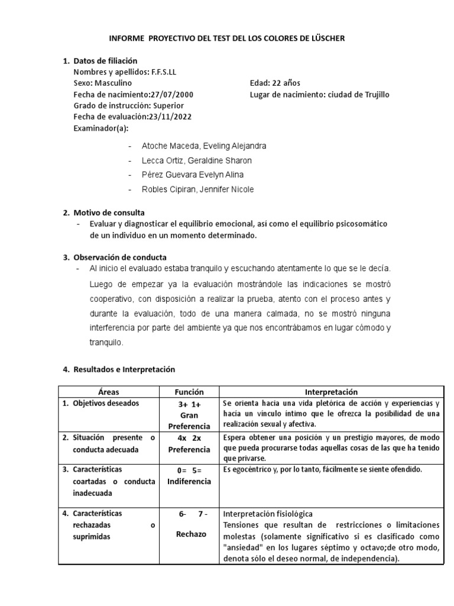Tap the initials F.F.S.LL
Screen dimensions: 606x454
(159, 72)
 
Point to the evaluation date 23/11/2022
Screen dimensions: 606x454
(170, 117)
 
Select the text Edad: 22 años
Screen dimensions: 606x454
(275, 83)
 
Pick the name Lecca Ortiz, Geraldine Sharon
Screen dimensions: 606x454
(197, 160)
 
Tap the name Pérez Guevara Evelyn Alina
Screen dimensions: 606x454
(192, 175)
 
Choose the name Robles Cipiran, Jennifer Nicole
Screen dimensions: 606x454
(198, 189)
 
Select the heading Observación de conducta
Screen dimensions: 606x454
(120, 257)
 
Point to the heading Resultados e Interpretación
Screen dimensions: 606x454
(124, 369)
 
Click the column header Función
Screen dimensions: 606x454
(189, 392)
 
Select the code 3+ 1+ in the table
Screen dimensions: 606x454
(189, 405)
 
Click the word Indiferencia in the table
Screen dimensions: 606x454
(189, 481)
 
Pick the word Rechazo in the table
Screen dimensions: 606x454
(190, 534)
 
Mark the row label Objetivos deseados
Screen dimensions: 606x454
(106, 404)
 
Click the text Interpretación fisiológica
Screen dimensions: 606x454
(267, 514)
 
